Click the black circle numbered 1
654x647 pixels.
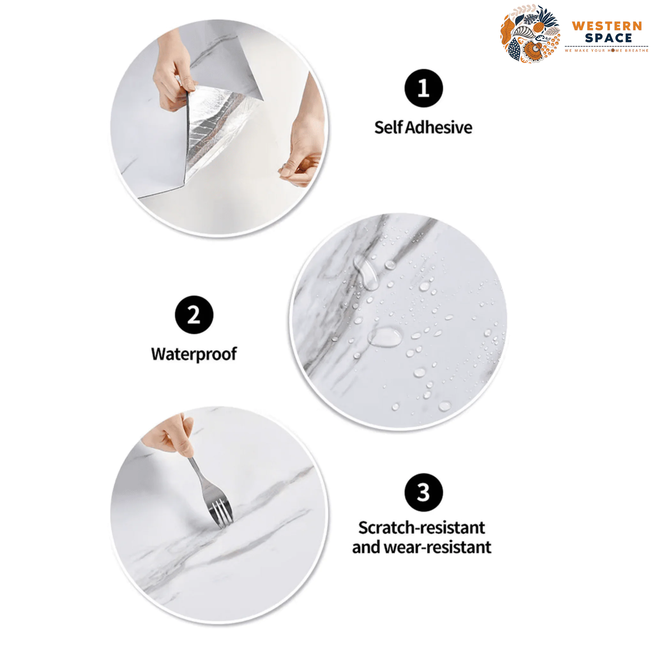coord(423,88)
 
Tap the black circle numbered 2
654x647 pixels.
coord(194,315)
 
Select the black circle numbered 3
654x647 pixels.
coord(423,493)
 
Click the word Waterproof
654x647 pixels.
coord(194,354)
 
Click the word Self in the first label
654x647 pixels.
coord(389,128)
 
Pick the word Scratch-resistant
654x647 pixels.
coord(422,528)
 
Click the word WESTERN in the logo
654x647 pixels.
coord(607,26)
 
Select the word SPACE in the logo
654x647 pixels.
coord(608,38)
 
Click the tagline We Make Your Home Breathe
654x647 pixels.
coord(606,50)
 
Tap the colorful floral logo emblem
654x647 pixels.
coord(530,34)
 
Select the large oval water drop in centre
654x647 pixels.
coord(384,337)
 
